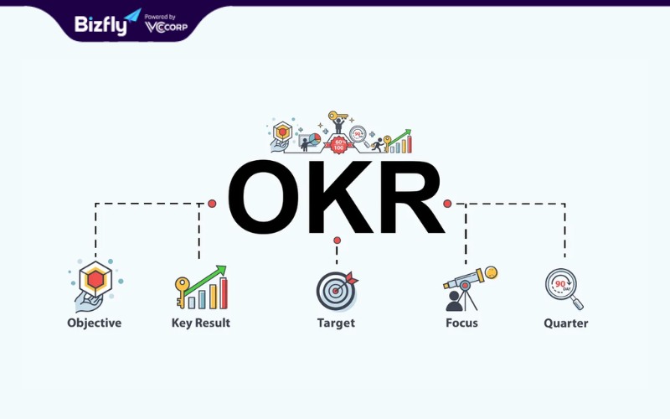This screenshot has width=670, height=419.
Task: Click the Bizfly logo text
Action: pos(100,25)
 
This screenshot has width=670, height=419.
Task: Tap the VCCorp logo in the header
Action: pos(166,27)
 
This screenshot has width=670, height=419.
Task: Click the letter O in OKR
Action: pos(264,197)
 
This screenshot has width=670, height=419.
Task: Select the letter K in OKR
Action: pos(341,197)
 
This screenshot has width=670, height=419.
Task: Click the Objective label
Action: pos(94,323)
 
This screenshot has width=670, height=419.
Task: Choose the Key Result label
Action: pos(201,323)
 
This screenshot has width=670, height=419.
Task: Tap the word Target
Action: pos(336,323)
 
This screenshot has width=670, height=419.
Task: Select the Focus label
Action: pos(461,323)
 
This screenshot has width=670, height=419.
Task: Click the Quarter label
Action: pos(566,323)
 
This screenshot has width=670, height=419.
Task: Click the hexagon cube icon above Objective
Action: pos(95,280)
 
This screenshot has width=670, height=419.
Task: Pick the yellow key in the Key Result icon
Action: pos(182,292)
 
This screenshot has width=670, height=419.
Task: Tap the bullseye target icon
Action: pos(337,291)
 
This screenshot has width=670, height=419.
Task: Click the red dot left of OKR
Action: pos(212,204)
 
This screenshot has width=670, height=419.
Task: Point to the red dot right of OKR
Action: pos(447,204)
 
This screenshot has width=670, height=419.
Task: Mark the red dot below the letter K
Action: pos(338,241)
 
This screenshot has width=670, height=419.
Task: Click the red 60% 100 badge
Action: pos(339,145)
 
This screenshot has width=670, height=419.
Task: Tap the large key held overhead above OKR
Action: pos(338,116)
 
